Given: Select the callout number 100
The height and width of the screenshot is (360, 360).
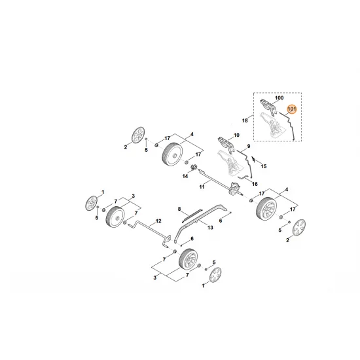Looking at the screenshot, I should point(280,98).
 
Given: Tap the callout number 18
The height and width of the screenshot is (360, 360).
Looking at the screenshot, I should point(245,120).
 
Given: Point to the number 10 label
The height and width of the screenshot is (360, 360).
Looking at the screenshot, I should point(236,135).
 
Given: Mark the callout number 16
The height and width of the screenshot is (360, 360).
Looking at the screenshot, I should point(255,185).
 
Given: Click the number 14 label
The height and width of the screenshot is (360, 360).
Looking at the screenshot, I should point(185,176).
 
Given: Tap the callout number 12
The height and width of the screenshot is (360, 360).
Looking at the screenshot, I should point(158,221).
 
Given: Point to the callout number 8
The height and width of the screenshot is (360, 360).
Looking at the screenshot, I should point(177,208).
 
